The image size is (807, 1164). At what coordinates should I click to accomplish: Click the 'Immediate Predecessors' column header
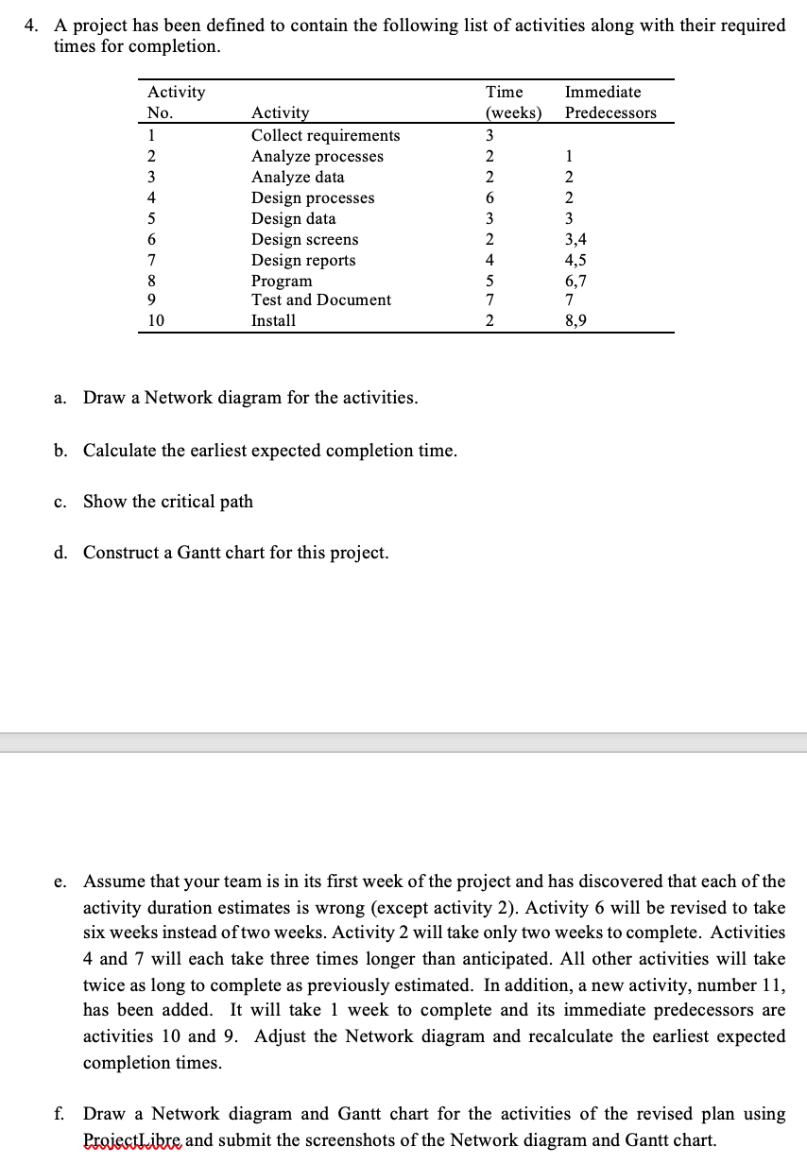pos(610,102)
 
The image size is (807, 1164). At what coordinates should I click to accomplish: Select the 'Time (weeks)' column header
pos(513,102)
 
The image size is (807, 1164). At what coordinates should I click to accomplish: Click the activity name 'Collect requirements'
pos(325,135)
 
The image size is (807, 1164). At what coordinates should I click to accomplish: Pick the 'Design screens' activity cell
pos(304,239)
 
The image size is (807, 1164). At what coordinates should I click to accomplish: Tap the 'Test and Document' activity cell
pos(320,300)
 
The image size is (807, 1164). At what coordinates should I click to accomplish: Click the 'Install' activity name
pos(273,320)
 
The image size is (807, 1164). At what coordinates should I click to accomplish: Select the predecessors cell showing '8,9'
pos(575,320)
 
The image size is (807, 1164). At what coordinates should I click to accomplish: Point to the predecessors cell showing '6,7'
pos(575,281)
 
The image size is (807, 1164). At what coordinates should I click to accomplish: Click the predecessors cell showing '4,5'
pos(575,260)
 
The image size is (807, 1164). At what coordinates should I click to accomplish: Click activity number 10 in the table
pos(156,320)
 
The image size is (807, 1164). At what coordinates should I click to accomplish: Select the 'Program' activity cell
pos(281,281)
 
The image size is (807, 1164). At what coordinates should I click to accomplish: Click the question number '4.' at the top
pos(31,26)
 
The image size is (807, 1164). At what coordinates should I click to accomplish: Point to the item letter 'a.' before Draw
pos(60,398)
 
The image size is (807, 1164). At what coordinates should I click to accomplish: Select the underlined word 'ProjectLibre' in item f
pos(131,1139)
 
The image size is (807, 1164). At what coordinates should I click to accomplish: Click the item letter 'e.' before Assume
pos(60,882)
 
